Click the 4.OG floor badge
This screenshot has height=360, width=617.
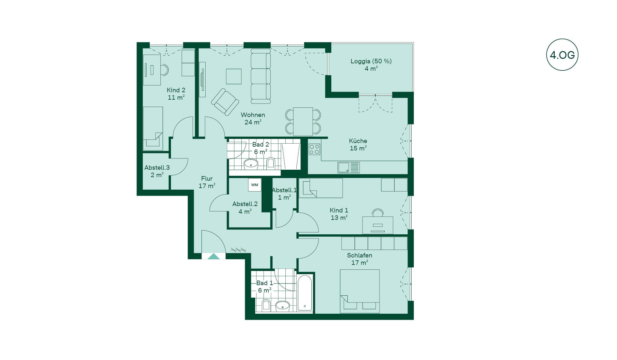pyautogui.click(x=562, y=55)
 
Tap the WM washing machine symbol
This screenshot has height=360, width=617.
pyautogui.click(x=255, y=185)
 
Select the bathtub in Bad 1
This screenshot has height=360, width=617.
pyautogui.click(x=305, y=293)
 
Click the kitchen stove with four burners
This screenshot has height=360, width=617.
pyautogui.click(x=314, y=149)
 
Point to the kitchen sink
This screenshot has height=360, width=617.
pyautogui.click(x=348, y=167)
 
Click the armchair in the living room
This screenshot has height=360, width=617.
pyautogui.click(x=225, y=102)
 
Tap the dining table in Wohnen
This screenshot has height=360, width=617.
pyautogui.click(x=303, y=122)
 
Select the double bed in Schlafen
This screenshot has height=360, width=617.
pyautogui.click(x=360, y=291)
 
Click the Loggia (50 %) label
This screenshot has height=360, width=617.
pyautogui.click(x=371, y=61)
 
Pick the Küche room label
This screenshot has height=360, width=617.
pyautogui.click(x=358, y=141)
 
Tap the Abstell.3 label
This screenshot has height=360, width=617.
pyautogui.click(x=157, y=167)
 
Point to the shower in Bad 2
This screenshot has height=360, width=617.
pyautogui.click(x=291, y=156)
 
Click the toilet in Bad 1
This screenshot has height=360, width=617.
pyautogui.click(x=266, y=305)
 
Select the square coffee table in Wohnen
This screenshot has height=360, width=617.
pyautogui.click(x=234, y=76)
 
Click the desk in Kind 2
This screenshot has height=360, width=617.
pyautogui.click(x=152, y=70)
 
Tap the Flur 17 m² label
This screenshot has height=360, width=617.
pyautogui.click(x=207, y=182)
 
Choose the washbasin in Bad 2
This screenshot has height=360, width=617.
pyautogui.click(x=251, y=164)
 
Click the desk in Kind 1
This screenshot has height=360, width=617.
pyautogui.click(x=378, y=225)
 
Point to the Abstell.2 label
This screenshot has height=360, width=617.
pyautogui.click(x=245, y=204)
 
